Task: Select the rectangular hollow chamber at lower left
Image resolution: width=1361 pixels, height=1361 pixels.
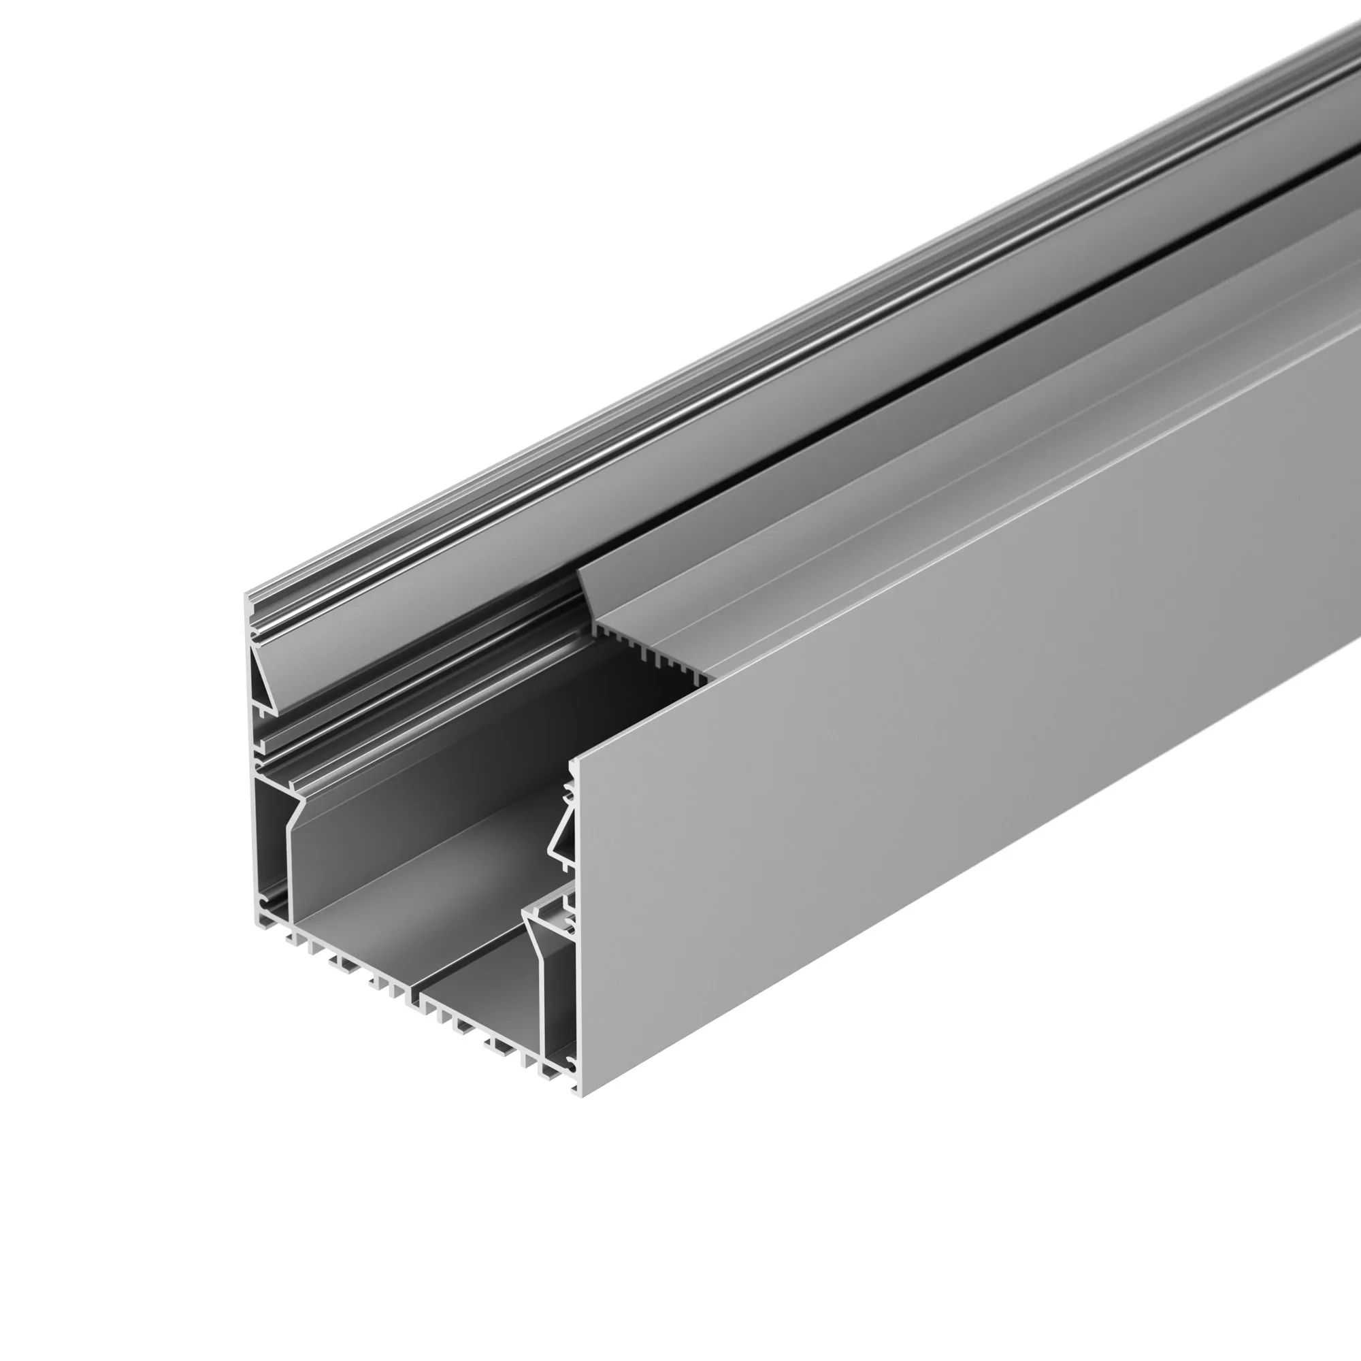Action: [x=271, y=845]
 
